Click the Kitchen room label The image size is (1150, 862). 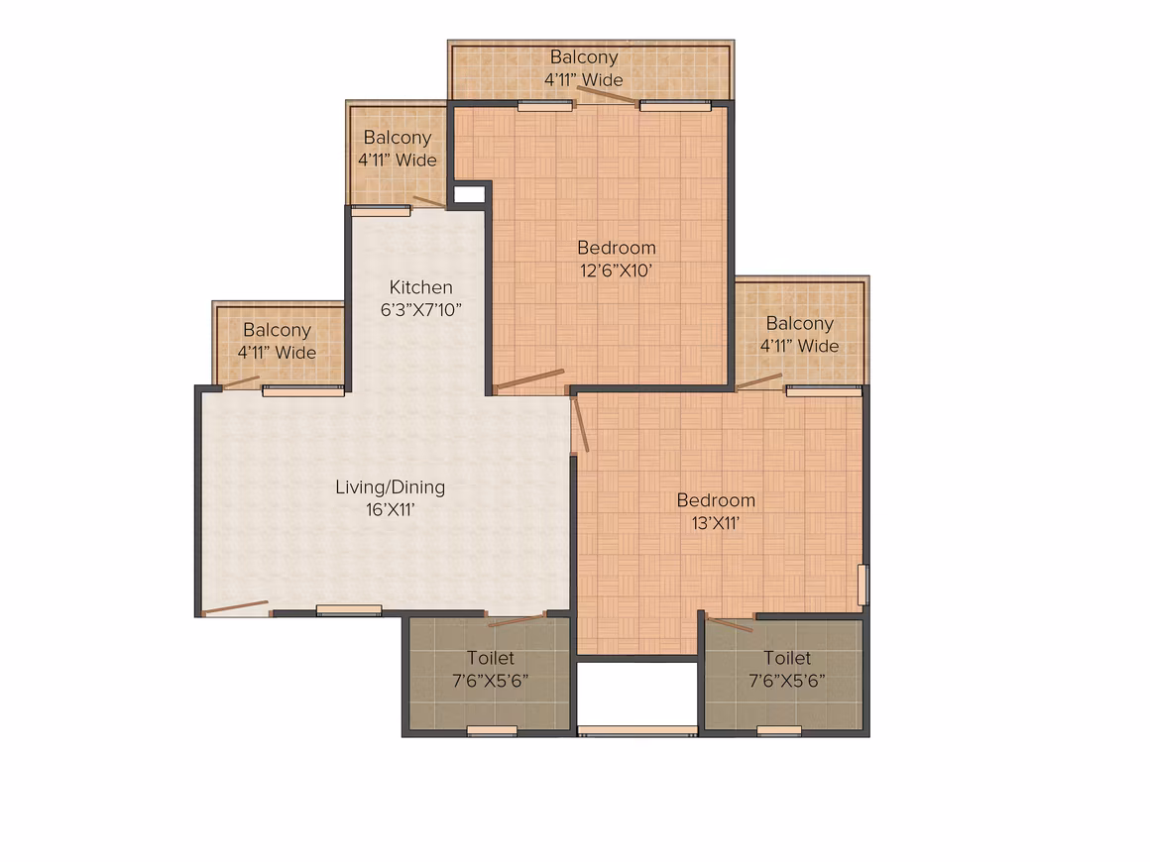420,287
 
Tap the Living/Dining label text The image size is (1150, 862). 391,487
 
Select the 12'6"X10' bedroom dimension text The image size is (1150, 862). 616,270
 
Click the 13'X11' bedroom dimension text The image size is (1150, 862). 716,523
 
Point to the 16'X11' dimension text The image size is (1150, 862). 391,510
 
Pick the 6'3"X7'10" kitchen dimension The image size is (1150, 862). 420,309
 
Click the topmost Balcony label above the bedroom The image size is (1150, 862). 584,57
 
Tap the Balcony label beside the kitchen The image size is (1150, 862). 398,138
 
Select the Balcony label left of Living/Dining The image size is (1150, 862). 278,331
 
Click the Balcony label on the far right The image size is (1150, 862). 799,324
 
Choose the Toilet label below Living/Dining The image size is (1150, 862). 491,658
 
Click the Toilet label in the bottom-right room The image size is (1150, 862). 787,658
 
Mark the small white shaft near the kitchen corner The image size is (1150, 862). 469,194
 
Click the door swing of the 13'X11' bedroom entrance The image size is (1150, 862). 581,425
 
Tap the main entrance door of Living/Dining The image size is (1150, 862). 235,607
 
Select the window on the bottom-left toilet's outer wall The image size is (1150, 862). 492,730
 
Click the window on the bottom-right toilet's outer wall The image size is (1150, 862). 779,730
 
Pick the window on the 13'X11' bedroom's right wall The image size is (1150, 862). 863,585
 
